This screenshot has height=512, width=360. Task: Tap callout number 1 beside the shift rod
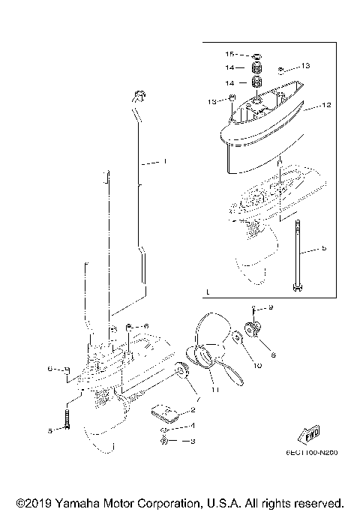point(165,160)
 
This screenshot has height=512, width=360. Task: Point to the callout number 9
point(271,308)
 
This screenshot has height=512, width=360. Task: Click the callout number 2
point(193,409)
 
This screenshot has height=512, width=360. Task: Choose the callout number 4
point(193,426)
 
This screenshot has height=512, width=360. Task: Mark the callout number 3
point(193,441)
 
